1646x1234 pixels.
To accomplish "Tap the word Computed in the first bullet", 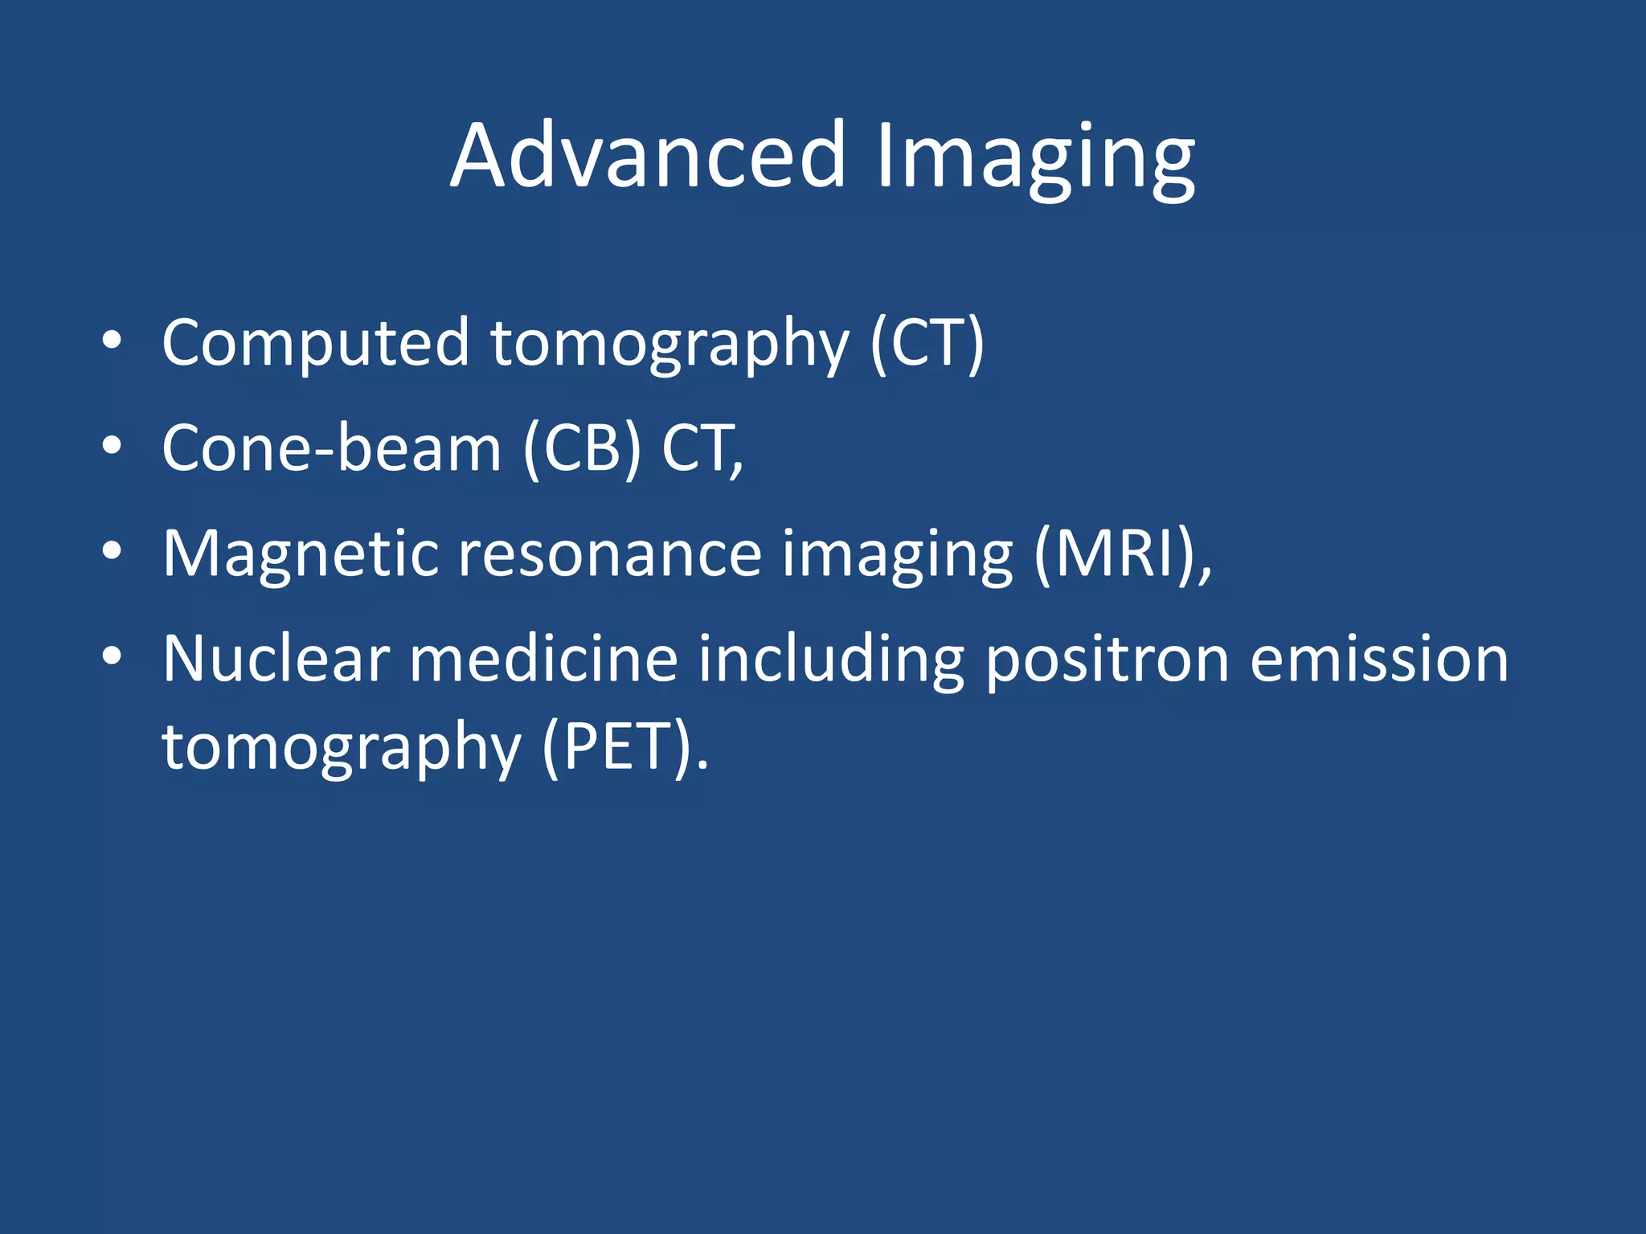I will click(315, 344).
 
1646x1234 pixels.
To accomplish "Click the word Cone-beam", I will click(331, 448).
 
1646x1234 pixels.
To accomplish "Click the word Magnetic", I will click(301, 554).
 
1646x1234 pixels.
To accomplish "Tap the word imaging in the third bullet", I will click(897, 556).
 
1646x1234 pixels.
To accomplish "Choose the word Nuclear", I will click(276, 659).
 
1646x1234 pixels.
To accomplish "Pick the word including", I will click(830, 660).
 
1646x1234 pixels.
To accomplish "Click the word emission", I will click(1379, 659).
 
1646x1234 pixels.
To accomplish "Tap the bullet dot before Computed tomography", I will click(112, 341).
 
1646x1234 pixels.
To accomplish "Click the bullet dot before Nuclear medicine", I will click(112, 656).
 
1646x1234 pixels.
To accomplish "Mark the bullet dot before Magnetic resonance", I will click(112, 551).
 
